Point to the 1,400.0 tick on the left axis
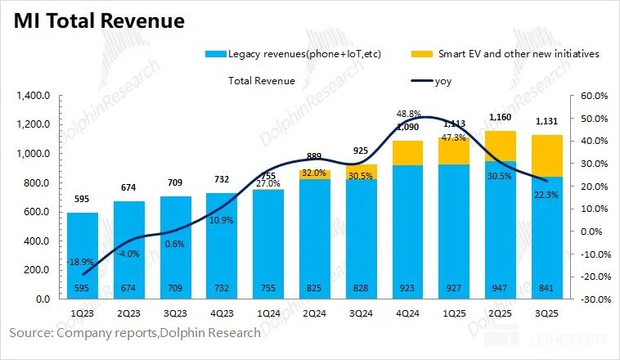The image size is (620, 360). click(33, 96)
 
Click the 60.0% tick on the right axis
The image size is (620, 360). click(592, 96)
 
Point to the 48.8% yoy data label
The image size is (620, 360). click(408, 114)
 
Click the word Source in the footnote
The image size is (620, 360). click(32, 332)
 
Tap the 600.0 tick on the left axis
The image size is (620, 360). click(37, 212)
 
